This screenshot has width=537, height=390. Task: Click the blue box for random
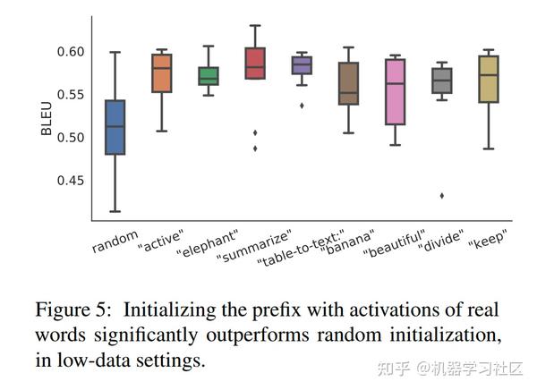pyautogui.click(x=115, y=127)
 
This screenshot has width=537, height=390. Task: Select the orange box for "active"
pyautogui.click(x=162, y=73)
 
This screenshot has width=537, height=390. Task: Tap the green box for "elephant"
pyautogui.click(x=208, y=76)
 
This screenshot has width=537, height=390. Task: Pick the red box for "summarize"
pyautogui.click(x=255, y=64)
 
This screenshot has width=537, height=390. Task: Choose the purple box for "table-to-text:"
pyautogui.click(x=302, y=65)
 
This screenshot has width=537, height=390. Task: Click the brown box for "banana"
pyautogui.click(x=348, y=84)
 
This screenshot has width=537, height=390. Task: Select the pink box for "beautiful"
pyautogui.click(x=395, y=91)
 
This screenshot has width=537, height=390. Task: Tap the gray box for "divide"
pyautogui.click(x=441, y=81)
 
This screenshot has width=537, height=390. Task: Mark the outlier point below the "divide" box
pyautogui.click(x=441, y=195)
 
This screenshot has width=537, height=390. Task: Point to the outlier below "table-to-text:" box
pyautogui.click(x=302, y=106)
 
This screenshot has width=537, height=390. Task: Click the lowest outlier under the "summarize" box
pyautogui.click(x=255, y=148)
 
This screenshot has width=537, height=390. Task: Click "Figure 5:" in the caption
pyautogui.click(x=74, y=310)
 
